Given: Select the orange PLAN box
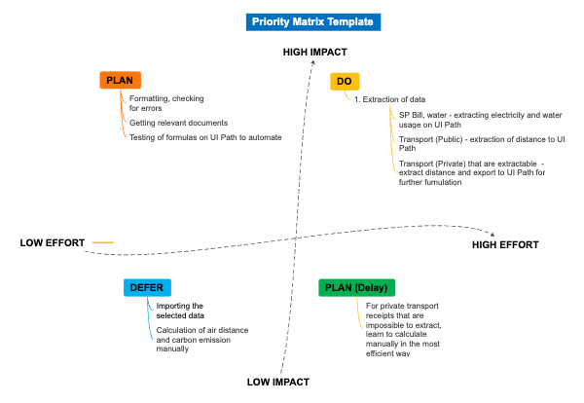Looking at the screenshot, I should tap(121, 81).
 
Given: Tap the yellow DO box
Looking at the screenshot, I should tap(344, 82).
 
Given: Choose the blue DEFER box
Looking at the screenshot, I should tap(148, 287).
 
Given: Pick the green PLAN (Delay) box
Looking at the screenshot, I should tap(356, 287).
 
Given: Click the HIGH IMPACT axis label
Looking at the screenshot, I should tap(314, 51).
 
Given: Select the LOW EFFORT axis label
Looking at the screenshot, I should tap(53, 242).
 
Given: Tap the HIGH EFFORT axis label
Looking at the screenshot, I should tap(505, 245).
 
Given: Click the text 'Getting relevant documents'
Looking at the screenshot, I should tap(178, 123).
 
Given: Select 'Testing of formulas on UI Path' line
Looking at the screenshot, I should tap(205, 137).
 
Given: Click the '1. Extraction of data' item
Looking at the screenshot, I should tap(388, 99).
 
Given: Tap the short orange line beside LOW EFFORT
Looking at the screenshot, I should tap(102, 242).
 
